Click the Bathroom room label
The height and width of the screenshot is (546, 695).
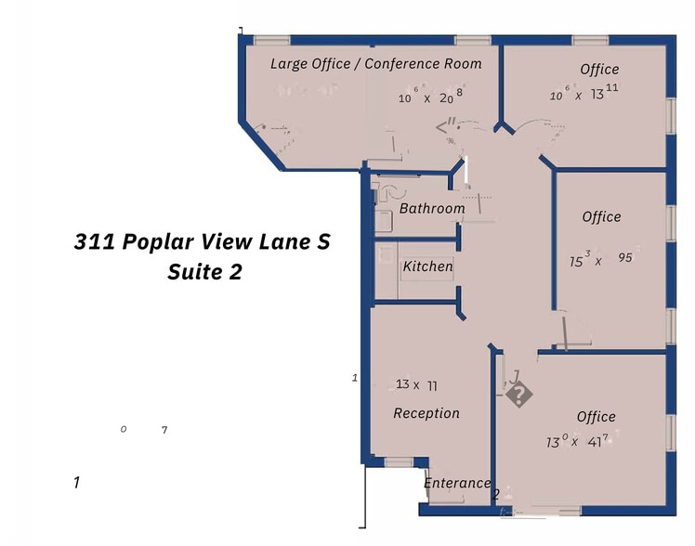431,209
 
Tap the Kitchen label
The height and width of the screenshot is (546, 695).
427,267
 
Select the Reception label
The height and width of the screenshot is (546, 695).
426,413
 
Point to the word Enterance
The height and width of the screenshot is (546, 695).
456,483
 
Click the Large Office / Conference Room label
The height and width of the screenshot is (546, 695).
376,64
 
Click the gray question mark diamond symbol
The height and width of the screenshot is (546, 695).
520,395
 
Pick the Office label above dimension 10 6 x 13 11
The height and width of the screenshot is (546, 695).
599,70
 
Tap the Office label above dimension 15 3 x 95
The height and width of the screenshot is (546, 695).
601,217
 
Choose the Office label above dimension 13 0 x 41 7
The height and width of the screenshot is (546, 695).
596,417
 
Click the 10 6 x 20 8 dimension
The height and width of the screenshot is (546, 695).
430,97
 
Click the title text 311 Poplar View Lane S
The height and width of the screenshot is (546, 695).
202,242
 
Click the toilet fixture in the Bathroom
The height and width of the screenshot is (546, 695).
385,192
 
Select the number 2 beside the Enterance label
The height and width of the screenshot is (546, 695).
496,494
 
